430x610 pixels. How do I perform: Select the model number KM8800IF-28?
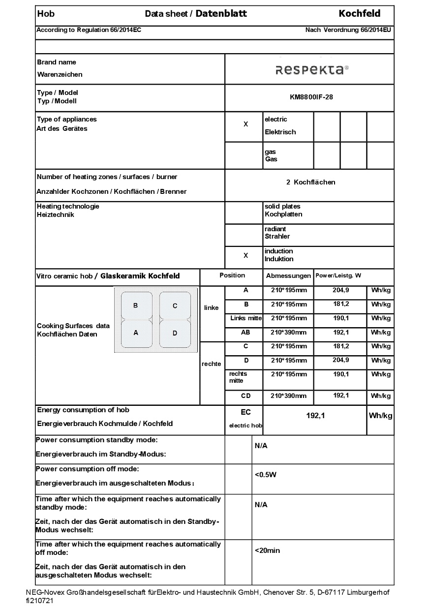311,97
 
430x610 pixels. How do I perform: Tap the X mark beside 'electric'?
246,124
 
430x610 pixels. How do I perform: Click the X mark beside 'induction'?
246,256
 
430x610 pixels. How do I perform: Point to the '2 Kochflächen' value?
310,182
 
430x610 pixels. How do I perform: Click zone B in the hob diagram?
136,306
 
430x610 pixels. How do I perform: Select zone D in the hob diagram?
175,333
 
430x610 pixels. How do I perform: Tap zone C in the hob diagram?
175,306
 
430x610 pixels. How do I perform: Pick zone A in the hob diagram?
136,333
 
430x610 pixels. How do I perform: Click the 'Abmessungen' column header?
288,276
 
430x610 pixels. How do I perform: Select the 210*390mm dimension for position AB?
288,333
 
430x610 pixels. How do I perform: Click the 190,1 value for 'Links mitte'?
340,318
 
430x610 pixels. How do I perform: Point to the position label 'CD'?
246,396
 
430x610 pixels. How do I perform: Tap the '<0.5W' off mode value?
266,475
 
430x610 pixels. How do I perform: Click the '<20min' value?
267,550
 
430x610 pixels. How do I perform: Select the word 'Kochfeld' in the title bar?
359,13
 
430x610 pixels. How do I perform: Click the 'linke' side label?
211,308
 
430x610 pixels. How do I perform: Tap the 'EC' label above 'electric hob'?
246,412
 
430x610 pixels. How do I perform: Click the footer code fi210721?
39,601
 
